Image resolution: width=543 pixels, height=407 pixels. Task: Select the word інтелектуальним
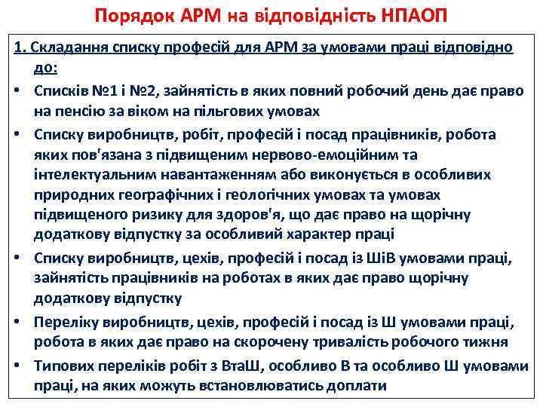point(84,175)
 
